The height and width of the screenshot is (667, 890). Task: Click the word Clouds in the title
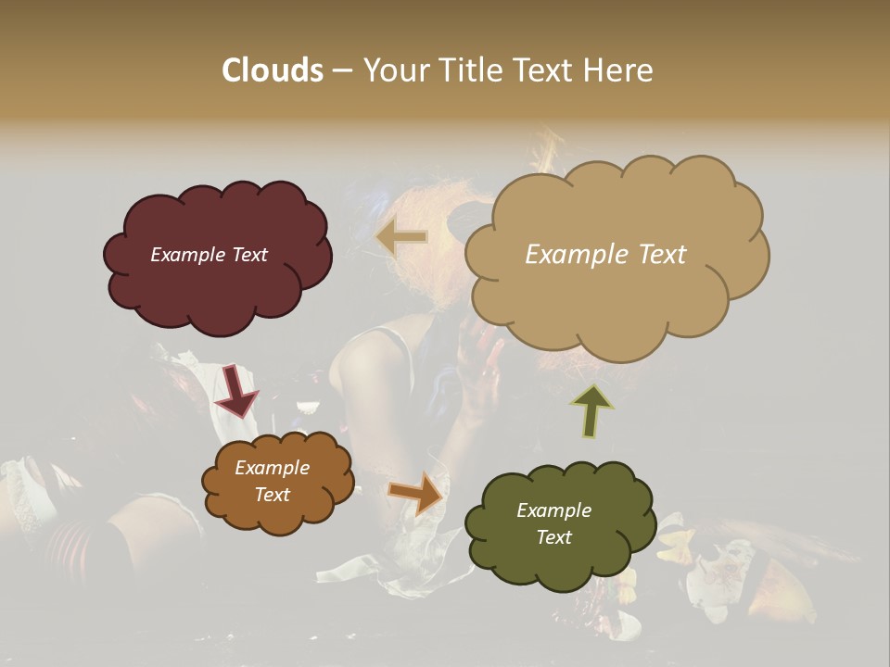(272, 70)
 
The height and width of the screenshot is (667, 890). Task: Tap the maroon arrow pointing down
(235, 390)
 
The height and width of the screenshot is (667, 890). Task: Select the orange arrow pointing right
(416, 492)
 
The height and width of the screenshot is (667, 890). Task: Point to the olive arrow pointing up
(591, 410)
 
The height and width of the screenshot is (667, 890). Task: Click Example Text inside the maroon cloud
(210, 255)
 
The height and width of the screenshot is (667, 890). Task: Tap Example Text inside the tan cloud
(605, 255)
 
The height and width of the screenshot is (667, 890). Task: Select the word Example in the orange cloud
(272, 468)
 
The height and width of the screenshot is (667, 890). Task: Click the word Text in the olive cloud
(553, 537)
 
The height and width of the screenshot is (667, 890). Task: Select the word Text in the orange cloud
(272, 495)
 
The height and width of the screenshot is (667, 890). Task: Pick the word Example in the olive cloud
(553, 510)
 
